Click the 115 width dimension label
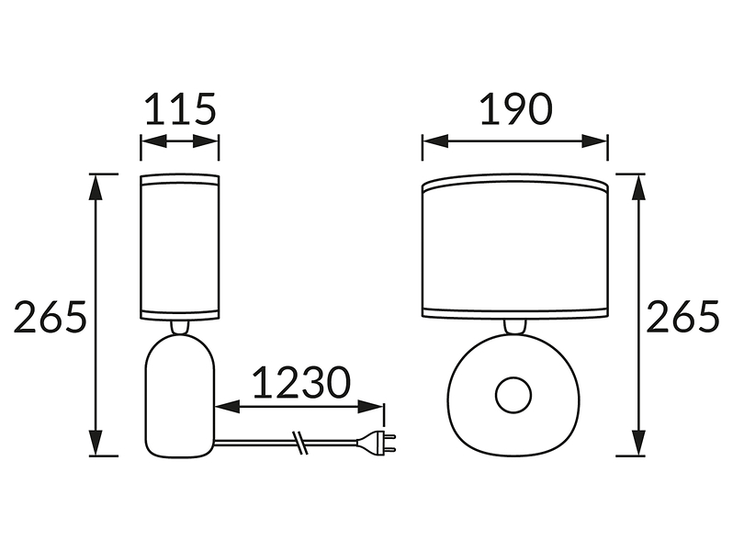[x=180, y=109]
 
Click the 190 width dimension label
[x=516, y=109]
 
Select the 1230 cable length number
[x=301, y=381]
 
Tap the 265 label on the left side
[x=51, y=317]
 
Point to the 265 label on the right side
[x=683, y=317]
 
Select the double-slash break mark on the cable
[x=299, y=443]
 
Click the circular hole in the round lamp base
[x=513, y=396]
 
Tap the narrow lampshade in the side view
[x=180, y=247]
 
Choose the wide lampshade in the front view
[x=515, y=247]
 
